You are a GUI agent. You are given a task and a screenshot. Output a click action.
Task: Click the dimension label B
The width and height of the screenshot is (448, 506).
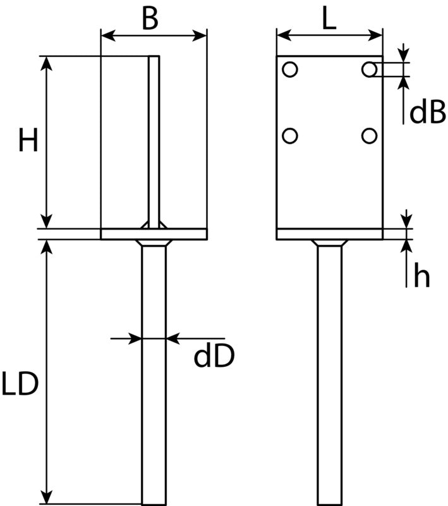pyautogui.click(x=150, y=18)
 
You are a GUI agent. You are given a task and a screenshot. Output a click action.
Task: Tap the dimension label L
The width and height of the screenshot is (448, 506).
pyautogui.click(x=329, y=19)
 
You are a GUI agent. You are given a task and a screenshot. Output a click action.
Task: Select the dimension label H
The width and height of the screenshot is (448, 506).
pyautogui.click(x=28, y=140)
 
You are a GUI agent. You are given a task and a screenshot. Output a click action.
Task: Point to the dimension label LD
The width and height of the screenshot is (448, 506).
pyautogui.click(x=20, y=384)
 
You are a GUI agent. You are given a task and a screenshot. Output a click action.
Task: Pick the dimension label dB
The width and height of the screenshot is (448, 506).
pyautogui.click(x=428, y=112)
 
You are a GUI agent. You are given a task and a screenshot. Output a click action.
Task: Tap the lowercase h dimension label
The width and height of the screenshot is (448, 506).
pyautogui.click(x=422, y=275)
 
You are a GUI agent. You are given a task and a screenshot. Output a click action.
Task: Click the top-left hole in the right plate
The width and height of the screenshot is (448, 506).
pyautogui.click(x=290, y=70)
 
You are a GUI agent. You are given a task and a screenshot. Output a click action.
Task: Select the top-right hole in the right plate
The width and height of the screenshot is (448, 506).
pyautogui.click(x=370, y=70)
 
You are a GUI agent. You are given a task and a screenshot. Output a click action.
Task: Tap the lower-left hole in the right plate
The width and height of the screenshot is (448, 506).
pyautogui.click(x=290, y=136)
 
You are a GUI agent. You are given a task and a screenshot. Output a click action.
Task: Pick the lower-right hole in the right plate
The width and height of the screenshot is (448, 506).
pyautogui.click(x=370, y=136)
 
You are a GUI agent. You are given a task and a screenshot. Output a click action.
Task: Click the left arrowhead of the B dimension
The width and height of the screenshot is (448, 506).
pyautogui.click(x=108, y=35)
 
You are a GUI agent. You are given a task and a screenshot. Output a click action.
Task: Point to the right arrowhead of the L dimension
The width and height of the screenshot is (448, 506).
pyautogui.click(x=375, y=35)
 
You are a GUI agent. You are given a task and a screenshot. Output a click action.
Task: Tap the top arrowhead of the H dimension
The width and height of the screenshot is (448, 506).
pyautogui.click(x=47, y=63)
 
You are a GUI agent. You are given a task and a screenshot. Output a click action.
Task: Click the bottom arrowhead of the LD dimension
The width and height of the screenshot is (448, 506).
pyautogui.click(x=47, y=497)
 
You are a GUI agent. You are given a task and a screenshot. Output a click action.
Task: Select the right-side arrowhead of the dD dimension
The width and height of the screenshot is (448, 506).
pyautogui.click(x=173, y=338)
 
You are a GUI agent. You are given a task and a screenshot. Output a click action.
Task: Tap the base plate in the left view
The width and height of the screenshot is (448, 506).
pyautogui.click(x=154, y=234)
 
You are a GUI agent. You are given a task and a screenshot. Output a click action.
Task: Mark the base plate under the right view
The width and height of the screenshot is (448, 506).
pyautogui.click(x=330, y=234)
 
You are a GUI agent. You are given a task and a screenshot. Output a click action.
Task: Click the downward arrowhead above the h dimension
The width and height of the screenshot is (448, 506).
pyautogui.click(x=407, y=221)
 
